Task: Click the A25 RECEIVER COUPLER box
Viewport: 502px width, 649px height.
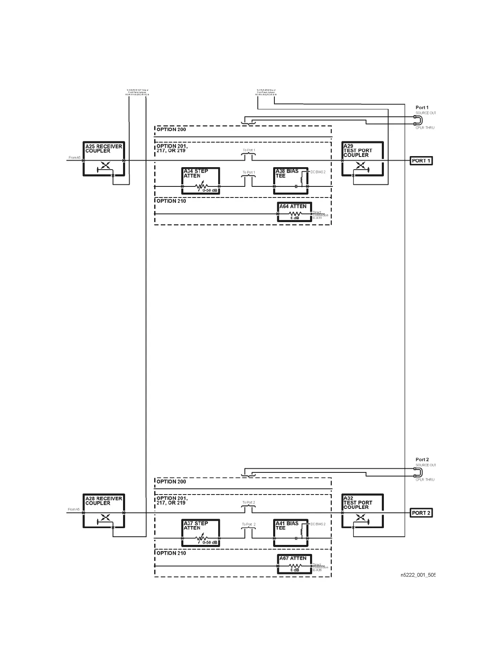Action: pos(104,159)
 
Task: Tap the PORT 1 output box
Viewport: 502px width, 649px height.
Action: pos(421,161)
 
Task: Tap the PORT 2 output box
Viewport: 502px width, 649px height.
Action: pos(421,513)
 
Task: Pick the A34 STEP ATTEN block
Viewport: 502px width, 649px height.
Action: pos(201,181)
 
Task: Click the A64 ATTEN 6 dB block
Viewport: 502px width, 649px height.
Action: pos(294,212)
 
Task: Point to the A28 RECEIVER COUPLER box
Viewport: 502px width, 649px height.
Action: pos(104,512)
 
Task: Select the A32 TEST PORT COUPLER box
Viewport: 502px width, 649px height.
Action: pos(363,512)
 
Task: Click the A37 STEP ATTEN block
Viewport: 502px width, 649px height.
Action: pos(201,533)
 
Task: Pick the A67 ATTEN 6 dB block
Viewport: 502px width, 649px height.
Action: pos(294,564)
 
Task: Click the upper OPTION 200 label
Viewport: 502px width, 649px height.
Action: pos(171,129)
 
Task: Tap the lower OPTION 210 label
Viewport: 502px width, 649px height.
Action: pos(171,553)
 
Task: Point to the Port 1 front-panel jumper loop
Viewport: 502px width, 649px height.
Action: pos(418,120)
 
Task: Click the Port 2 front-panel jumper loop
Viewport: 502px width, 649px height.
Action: pos(418,472)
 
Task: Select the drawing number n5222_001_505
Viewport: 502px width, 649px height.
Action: pos(418,575)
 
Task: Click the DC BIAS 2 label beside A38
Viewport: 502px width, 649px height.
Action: pos(318,172)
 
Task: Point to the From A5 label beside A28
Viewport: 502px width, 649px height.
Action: pos(74,509)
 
